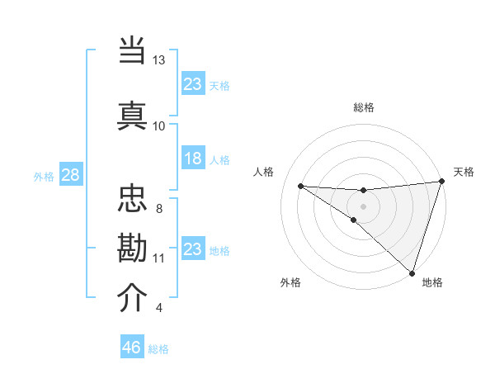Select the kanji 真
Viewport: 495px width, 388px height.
(x=133, y=113)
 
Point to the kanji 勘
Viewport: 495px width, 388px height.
(x=133, y=247)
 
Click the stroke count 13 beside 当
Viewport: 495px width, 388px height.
(x=159, y=60)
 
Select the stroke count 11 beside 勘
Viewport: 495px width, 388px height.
(x=159, y=258)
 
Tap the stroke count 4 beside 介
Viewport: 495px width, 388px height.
(x=159, y=308)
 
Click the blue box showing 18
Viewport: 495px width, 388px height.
(x=192, y=159)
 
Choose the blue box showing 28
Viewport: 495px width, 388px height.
(x=70, y=176)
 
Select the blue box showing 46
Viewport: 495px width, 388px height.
(x=132, y=348)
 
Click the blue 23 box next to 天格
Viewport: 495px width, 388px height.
(x=192, y=83)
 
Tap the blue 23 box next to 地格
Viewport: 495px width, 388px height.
(x=192, y=248)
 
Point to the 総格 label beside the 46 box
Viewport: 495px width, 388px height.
(x=158, y=349)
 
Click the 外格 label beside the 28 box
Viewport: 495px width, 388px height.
(x=44, y=177)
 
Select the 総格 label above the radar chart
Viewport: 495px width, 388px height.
(x=363, y=107)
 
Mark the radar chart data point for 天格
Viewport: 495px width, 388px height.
(x=441, y=182)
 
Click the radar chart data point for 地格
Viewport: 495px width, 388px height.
(x=412, y=272)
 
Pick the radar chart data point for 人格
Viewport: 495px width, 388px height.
(x=300, y=186)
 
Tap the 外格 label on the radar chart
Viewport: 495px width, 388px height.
(x=290, y=282)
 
